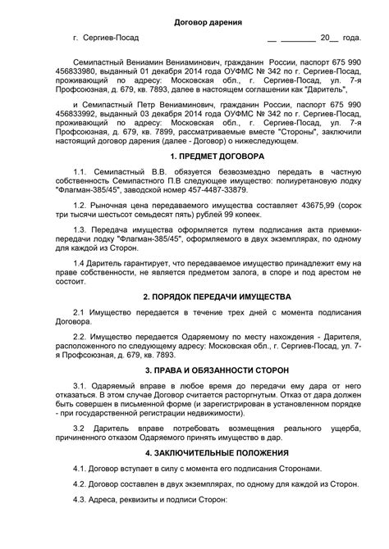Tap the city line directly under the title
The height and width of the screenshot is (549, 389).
point(105,39)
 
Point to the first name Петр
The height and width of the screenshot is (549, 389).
point(151,106)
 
